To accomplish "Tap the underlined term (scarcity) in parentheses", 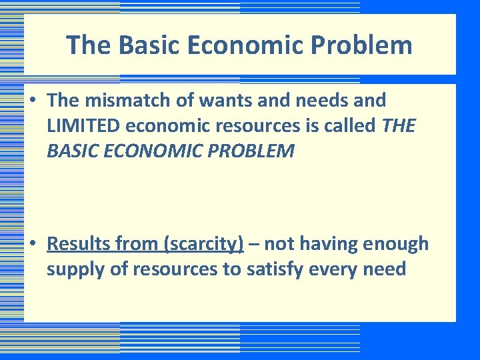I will (203, 245).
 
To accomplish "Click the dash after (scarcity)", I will (254, 245).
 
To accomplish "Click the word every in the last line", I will (346, 269).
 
